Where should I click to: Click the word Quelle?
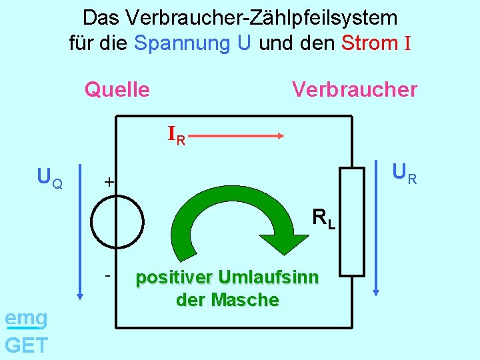117,89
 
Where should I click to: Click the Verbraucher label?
355,89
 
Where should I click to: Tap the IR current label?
177,136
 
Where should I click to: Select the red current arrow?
242,135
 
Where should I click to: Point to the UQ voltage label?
50,177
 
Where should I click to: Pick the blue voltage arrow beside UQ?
80,231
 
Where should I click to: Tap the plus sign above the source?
109,182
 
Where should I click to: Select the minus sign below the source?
107,274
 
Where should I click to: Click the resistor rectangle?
352,221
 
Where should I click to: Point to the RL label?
323,218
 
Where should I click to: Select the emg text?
25,319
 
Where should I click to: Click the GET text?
26,345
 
